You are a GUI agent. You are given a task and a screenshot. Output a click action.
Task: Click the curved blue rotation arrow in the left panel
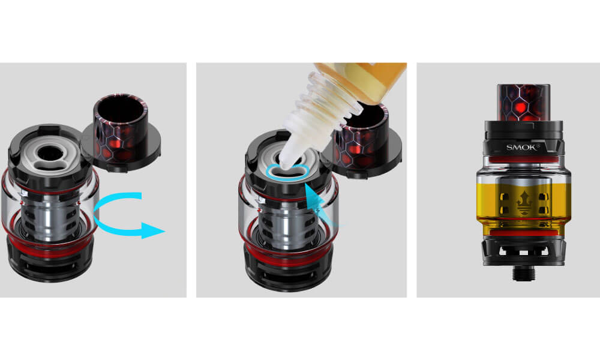tap(95, 214)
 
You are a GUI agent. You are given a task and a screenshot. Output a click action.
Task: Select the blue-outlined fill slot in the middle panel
tap(288, 172)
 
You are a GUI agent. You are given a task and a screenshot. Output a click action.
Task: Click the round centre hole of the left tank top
tap(50, 152)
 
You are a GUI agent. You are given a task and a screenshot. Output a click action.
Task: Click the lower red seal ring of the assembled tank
tap(523, 233)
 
